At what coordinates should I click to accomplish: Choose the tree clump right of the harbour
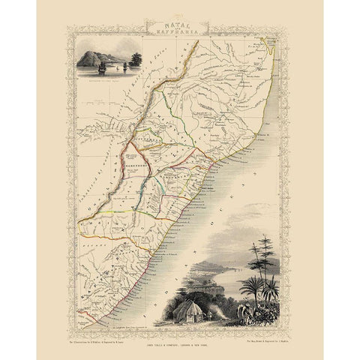tap(136, 58)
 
